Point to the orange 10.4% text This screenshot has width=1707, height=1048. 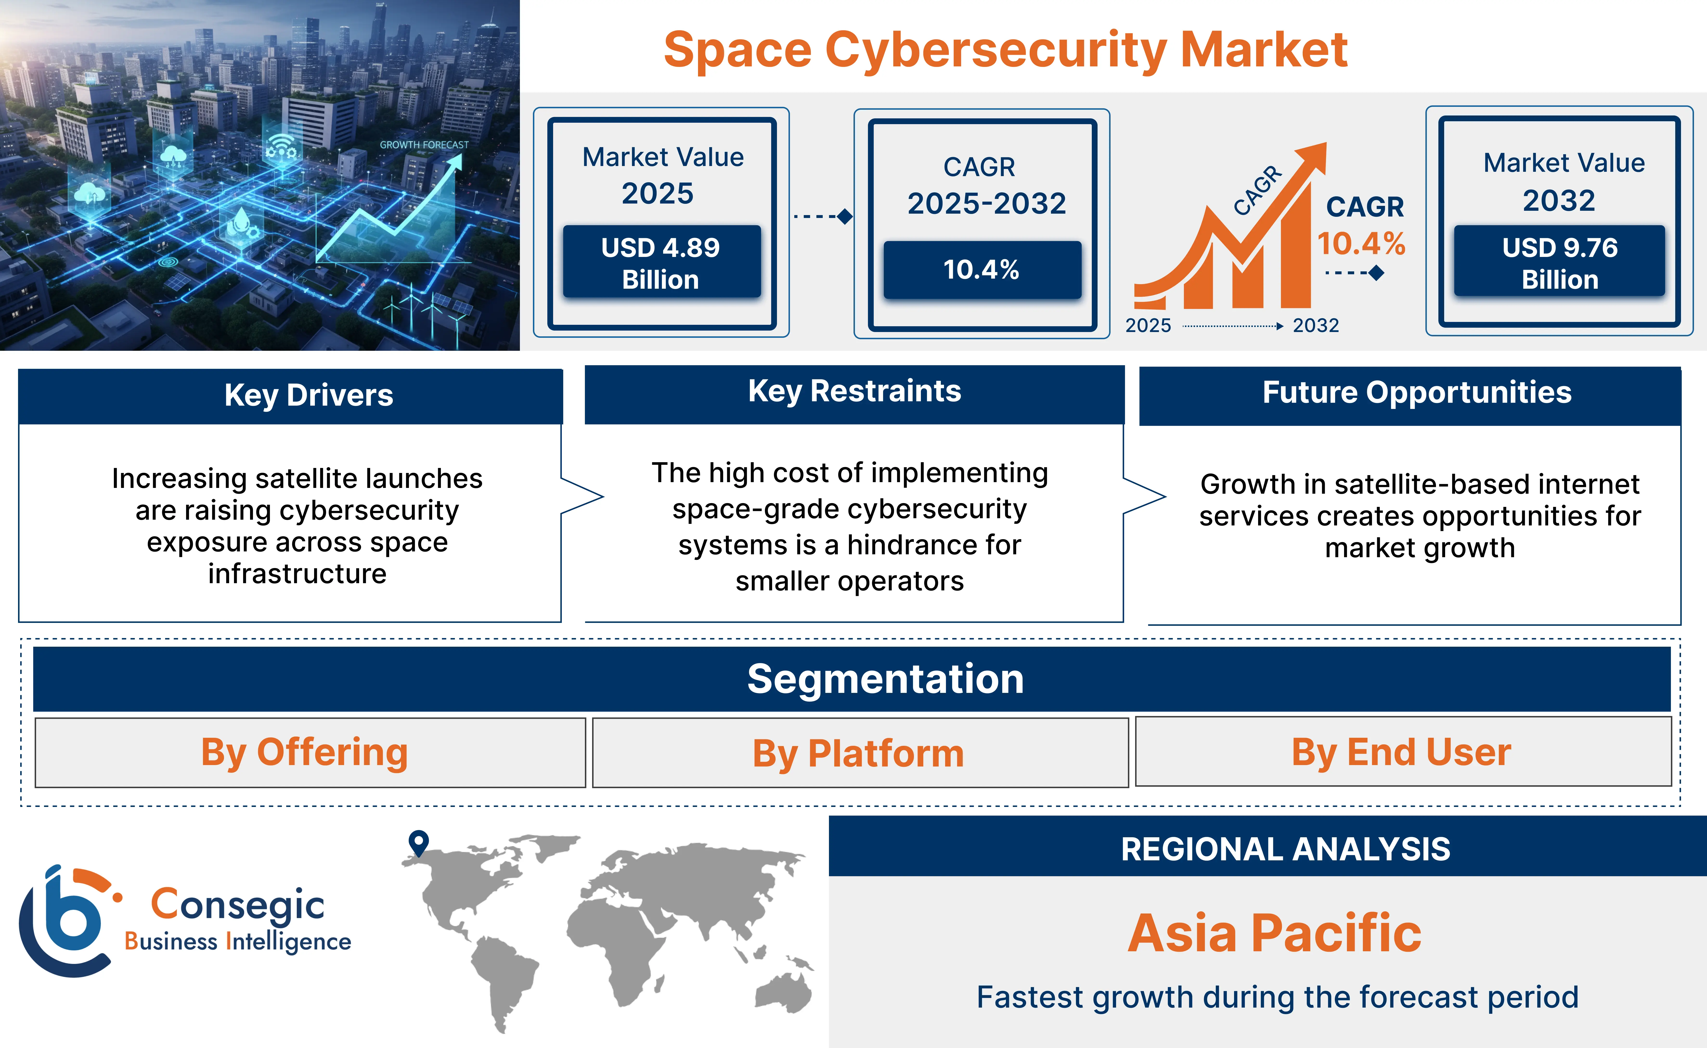click(1361, 243)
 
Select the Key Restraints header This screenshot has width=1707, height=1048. click(854, 392)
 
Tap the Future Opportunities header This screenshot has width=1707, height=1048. click(1416, 393)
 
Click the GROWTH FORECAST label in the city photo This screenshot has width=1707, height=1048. click(424, 145)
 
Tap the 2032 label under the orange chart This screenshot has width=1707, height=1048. click(1315, 325)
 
